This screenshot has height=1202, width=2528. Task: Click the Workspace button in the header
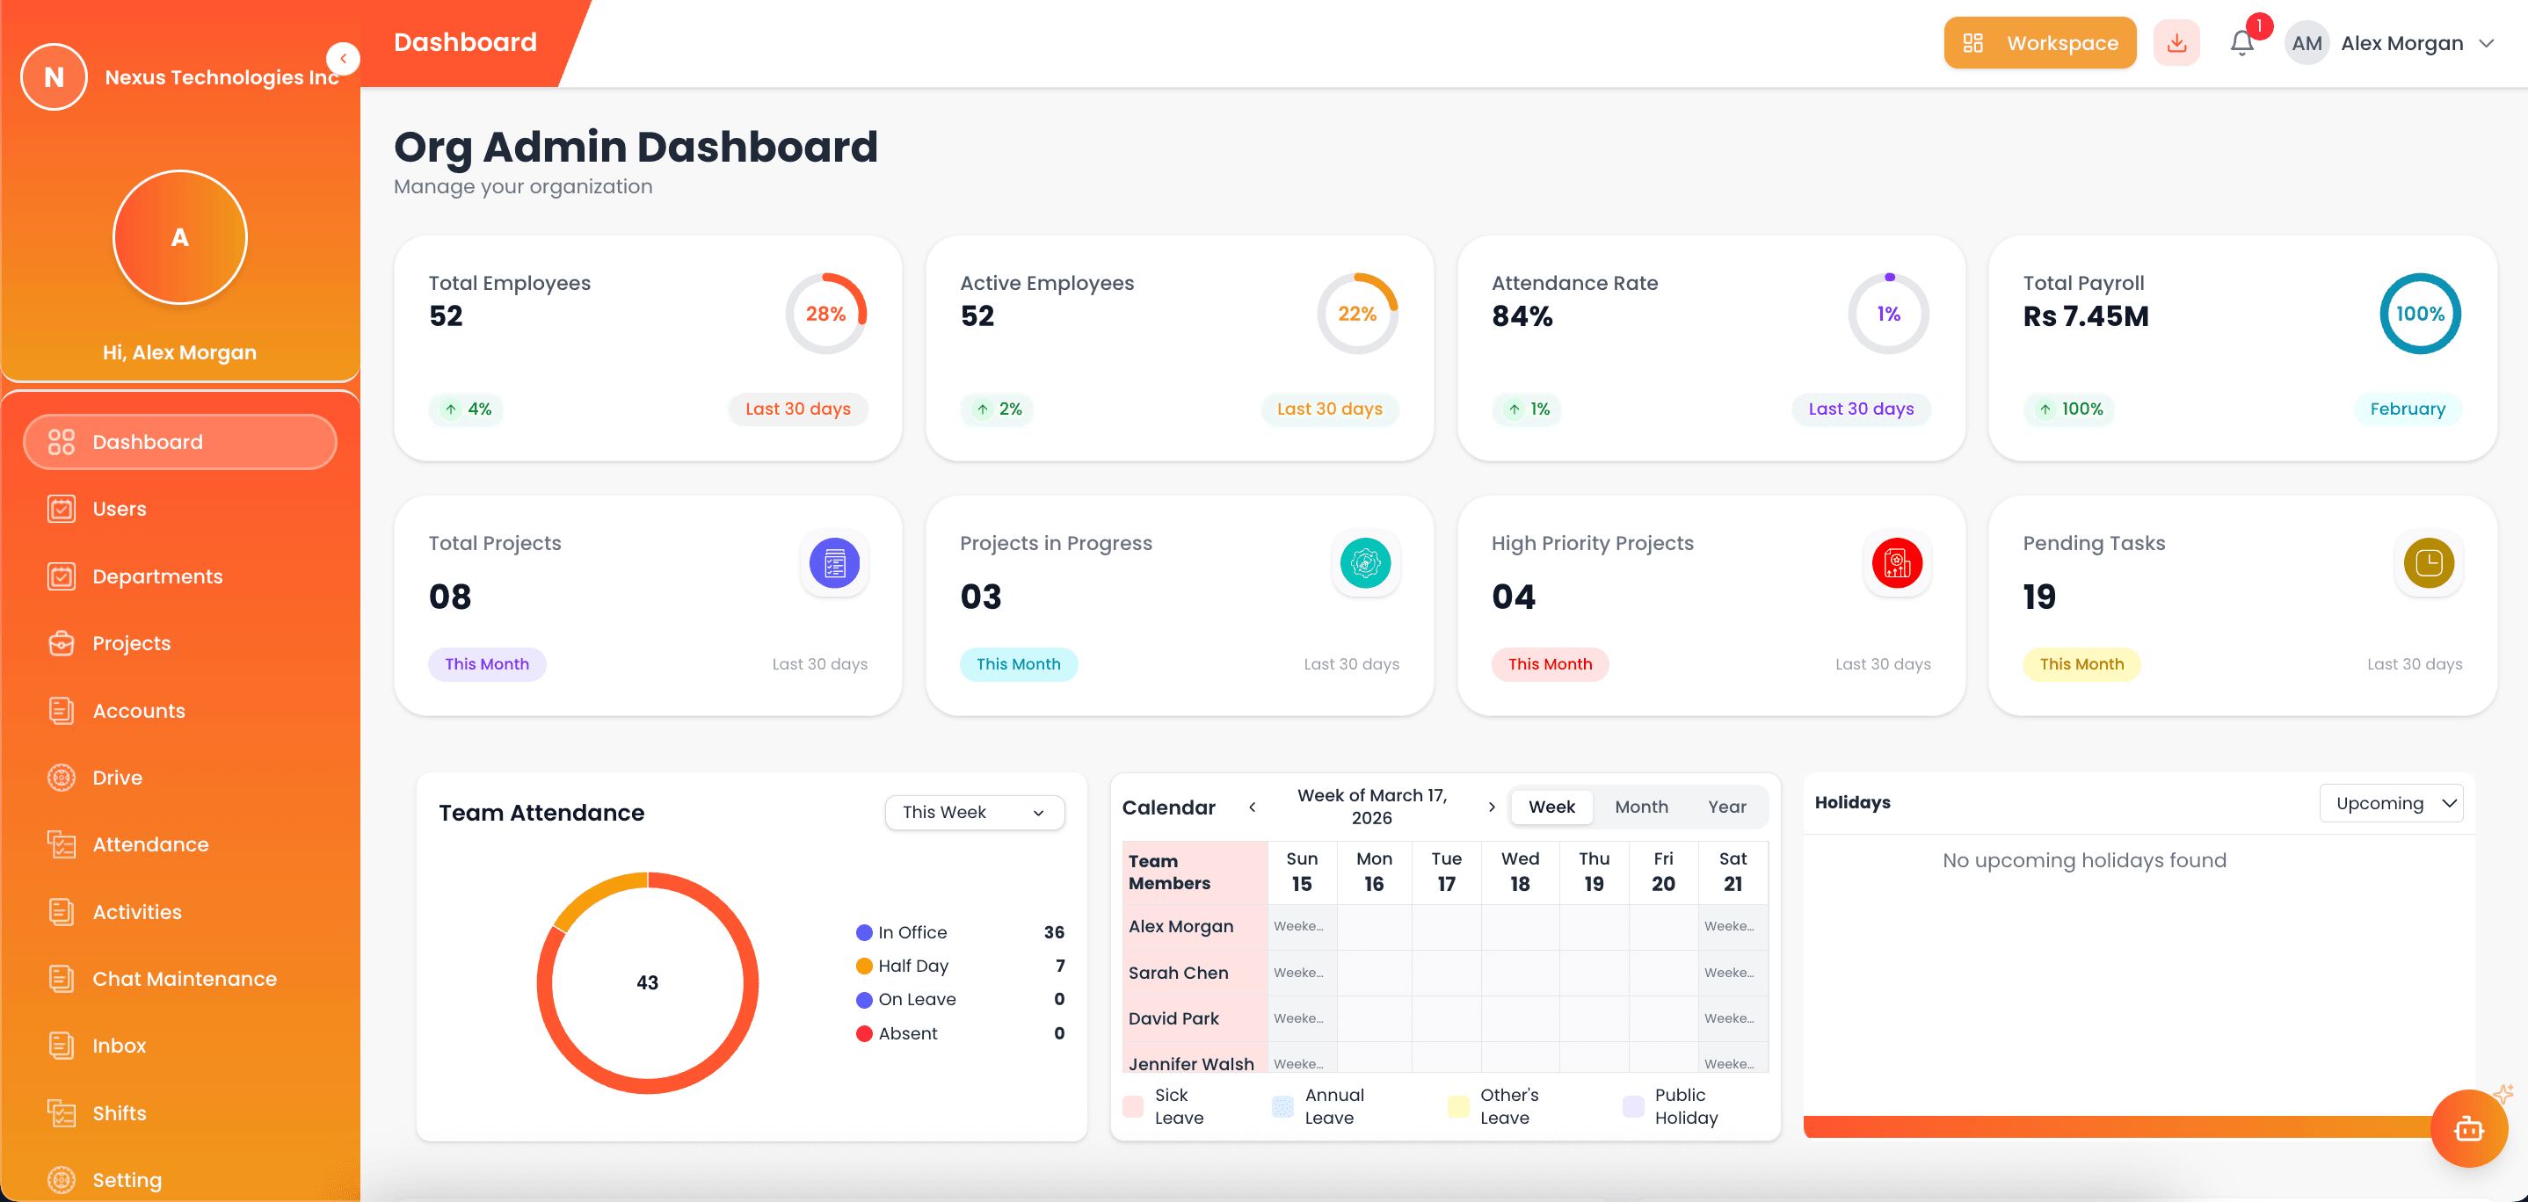coord(2039,43)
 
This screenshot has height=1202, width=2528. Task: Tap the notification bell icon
coord(2241,43)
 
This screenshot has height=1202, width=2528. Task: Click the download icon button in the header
coord(2176,43)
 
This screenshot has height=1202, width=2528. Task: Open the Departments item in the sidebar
coord(157,576)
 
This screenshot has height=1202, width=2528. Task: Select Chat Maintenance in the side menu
coord(184,978)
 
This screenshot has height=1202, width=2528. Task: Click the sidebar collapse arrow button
coord(344,59)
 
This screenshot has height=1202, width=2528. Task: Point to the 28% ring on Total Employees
coord(825,314)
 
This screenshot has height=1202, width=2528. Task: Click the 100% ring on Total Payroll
coord(2419,314)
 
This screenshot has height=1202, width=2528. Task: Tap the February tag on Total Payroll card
coord(2407,409)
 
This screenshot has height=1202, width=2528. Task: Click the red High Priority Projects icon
coord(1896,563)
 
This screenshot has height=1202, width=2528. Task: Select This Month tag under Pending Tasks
coord(2081,664)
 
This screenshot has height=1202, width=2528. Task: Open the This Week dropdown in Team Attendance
coord(974,813)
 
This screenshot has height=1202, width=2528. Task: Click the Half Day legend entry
coord(912,966)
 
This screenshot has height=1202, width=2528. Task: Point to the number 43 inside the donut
coord(647,982)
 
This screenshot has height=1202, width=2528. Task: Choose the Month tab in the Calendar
coord(1641,807)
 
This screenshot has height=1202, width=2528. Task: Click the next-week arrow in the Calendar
coord(1491,807)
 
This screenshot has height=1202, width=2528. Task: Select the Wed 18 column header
coord(1519,872)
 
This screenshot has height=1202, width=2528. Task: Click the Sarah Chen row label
coord(1178,973)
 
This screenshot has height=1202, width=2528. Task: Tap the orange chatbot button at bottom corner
coord(2468,1129)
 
